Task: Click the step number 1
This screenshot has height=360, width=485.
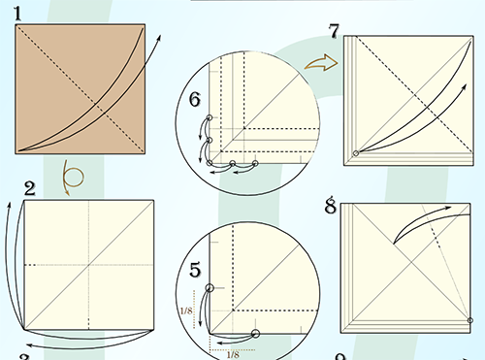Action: click(18, 14)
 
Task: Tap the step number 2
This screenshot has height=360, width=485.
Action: click(30, 188)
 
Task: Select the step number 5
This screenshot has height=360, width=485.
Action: click(195, 270)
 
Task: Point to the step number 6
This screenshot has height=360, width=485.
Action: click(195, 99)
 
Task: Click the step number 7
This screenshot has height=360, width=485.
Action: click(334, 31)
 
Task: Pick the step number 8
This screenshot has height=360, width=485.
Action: click(330, 206)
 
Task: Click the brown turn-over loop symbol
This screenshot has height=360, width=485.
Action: click(73, 177)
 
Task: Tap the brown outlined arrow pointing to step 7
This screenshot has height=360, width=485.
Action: click(321, 62)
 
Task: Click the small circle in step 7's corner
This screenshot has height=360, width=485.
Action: click(356, 153)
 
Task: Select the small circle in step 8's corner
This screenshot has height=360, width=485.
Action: click(470, 320)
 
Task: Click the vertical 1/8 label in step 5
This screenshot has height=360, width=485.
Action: click(186, 311)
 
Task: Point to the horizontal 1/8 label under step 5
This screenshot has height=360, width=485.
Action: click(233, 355)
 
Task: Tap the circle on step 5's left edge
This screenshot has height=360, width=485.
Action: click(210, 287)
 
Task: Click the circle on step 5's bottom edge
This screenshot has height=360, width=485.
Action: click(255, 334)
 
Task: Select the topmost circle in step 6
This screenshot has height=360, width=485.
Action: click(210, 117)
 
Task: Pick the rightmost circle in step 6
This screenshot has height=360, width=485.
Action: click(255, 163)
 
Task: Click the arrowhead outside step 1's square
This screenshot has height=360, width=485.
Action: click(158, 37)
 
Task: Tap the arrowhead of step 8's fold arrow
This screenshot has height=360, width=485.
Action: click(448, 208)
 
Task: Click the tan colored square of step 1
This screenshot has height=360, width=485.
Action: click(81, 89)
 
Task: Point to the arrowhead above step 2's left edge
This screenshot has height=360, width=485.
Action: click(10, 206)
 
